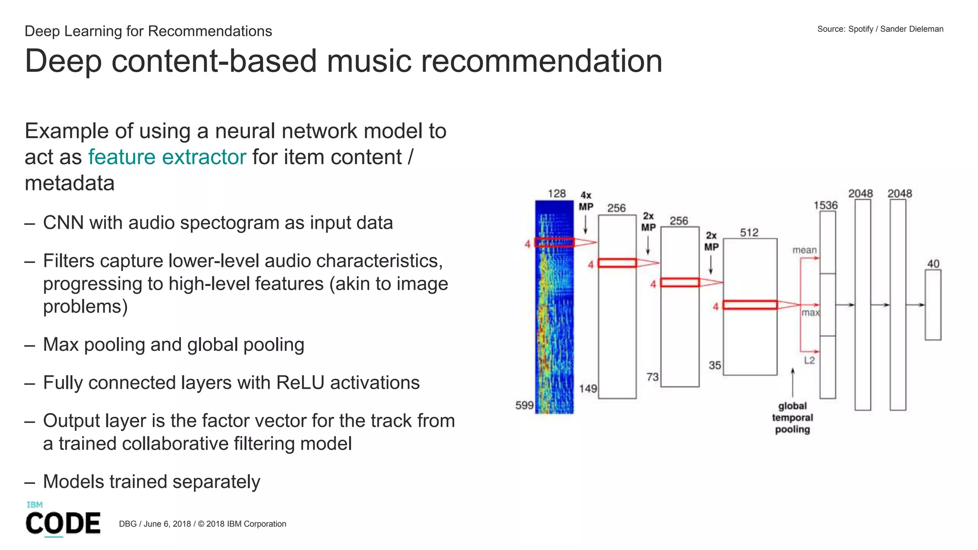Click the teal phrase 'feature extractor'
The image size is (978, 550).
(167, 157)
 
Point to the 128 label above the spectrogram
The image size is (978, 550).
(557, 193)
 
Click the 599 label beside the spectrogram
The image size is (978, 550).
(524, 405)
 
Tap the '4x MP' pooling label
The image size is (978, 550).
(586, 201)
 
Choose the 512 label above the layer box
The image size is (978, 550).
(749, 233)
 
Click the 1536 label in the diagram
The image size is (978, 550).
(826, 205)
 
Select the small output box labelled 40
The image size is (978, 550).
(933, 305)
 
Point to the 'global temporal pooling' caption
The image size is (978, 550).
(792, 418)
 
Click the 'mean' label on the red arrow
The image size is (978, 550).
(805, 250)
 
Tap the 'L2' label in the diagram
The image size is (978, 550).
(809, 360)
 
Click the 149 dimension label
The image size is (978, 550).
(588, 389)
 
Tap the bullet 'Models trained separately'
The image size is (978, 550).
(151, 482)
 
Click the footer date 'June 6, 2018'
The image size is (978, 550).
(167, 524)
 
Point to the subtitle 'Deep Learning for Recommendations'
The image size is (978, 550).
(148, 31)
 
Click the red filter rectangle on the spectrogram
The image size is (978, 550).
(554, 242)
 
